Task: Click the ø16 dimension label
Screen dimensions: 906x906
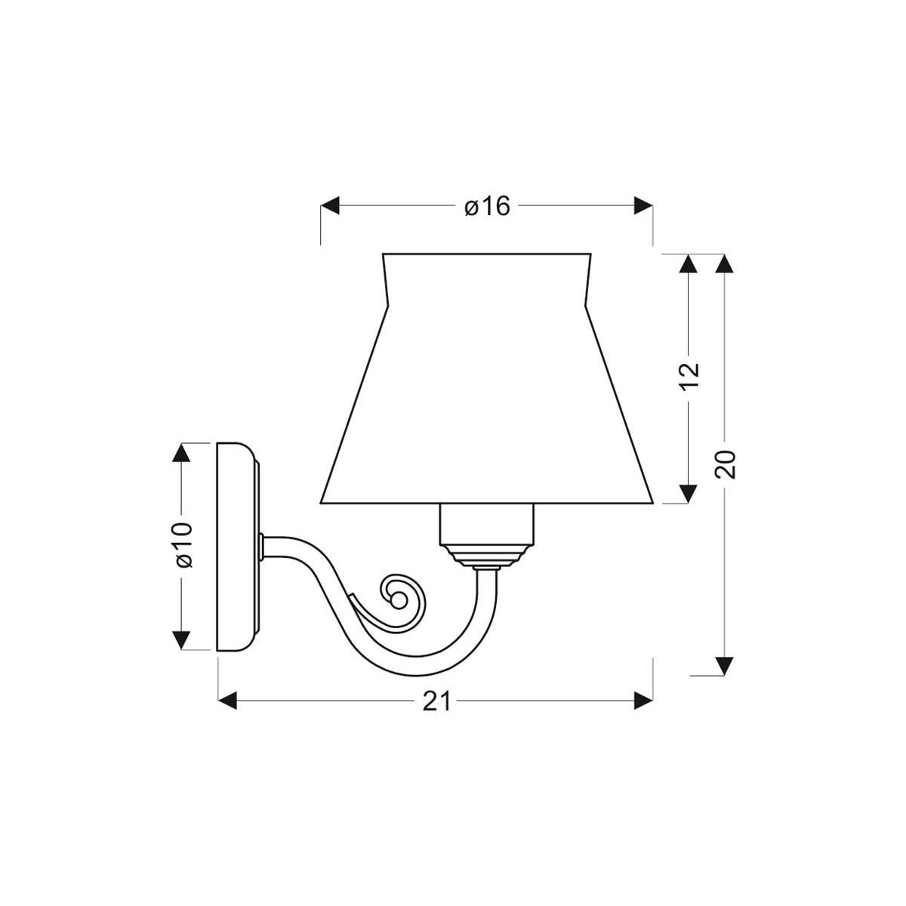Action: [x=487, y=205]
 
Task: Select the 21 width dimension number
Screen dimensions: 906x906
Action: [x=436, y=702]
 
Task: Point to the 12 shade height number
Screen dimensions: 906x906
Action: [x=689, y=376]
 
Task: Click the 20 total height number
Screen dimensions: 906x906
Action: [x=725, y=464]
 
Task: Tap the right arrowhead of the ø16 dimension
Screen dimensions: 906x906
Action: [x=643, y=205]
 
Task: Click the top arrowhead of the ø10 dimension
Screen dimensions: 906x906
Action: [x=181, y=452]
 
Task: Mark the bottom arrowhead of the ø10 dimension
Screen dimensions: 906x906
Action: [x=181, y=640]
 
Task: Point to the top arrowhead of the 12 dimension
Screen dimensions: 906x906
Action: [x=688, y=263]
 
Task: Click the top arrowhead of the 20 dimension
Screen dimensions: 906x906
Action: [x=724, y=263]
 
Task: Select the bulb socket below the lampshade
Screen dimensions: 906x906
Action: [x=488, y=524]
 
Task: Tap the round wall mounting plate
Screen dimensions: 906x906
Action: [x=237, y=547]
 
